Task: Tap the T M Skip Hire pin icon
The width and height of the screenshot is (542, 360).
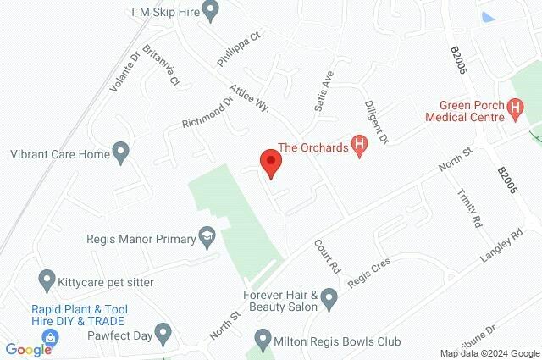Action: point(213,11)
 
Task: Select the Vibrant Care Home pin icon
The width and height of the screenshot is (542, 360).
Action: point(120,154)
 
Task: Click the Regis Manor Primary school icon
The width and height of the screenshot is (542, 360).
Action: point(206,239)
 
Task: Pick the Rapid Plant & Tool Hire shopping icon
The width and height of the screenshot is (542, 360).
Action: point(51,337)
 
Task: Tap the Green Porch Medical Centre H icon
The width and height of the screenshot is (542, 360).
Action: point(512,108)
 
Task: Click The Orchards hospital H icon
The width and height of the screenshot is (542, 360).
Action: point(360,147)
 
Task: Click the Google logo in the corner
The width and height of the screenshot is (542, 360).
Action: point(28,349)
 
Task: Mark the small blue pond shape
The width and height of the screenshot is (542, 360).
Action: point(487,16)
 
